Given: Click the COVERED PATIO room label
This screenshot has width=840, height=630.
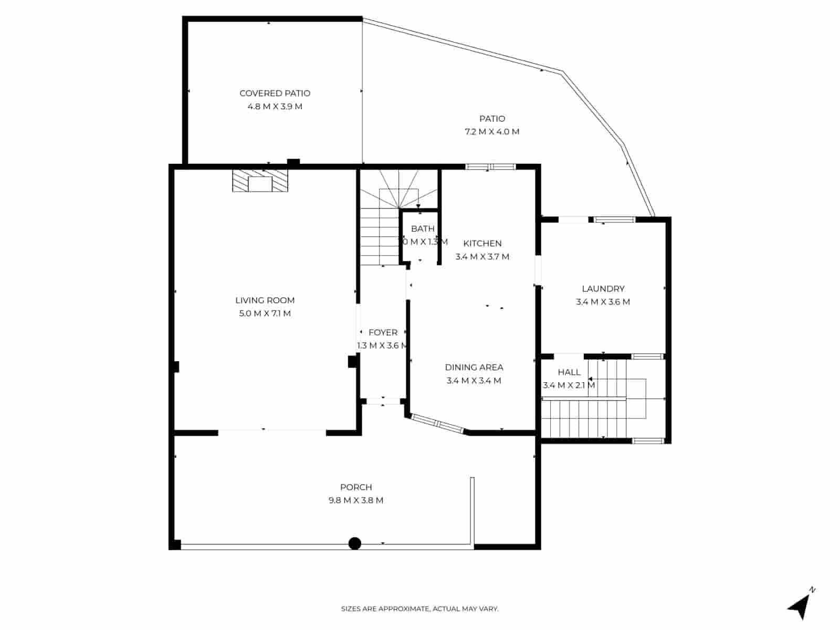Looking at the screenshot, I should click(275, 93).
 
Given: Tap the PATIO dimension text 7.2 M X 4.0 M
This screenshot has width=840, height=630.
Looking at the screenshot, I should click(492, 132).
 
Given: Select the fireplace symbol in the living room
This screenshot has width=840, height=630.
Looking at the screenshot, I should click(260, 181).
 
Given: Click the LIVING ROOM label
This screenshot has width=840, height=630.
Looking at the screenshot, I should click(265, 300).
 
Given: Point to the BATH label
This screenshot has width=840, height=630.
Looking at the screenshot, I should click(423, 229).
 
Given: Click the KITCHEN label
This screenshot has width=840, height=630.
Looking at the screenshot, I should click(482, 244).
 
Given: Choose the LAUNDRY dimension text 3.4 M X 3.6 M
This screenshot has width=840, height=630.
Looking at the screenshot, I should click(603, 302).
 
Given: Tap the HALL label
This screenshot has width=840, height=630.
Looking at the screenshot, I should click(569, 372).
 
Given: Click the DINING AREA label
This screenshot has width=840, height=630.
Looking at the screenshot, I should click(474, 367).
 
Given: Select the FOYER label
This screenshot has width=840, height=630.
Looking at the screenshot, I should click(383, 332).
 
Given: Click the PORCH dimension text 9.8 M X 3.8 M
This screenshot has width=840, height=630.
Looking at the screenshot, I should click(355, 500).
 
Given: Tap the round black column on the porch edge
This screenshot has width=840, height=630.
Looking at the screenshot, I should click(355, 543).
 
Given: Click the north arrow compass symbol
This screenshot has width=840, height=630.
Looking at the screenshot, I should click(800, 607).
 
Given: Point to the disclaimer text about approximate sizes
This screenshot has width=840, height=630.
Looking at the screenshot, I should click(419, 609).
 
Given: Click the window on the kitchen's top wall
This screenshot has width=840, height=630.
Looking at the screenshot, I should click(490, 167).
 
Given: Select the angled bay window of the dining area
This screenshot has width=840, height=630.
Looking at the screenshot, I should click(437, 424).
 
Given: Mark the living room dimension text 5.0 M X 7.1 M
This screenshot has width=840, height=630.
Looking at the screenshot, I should click(265, 313).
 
